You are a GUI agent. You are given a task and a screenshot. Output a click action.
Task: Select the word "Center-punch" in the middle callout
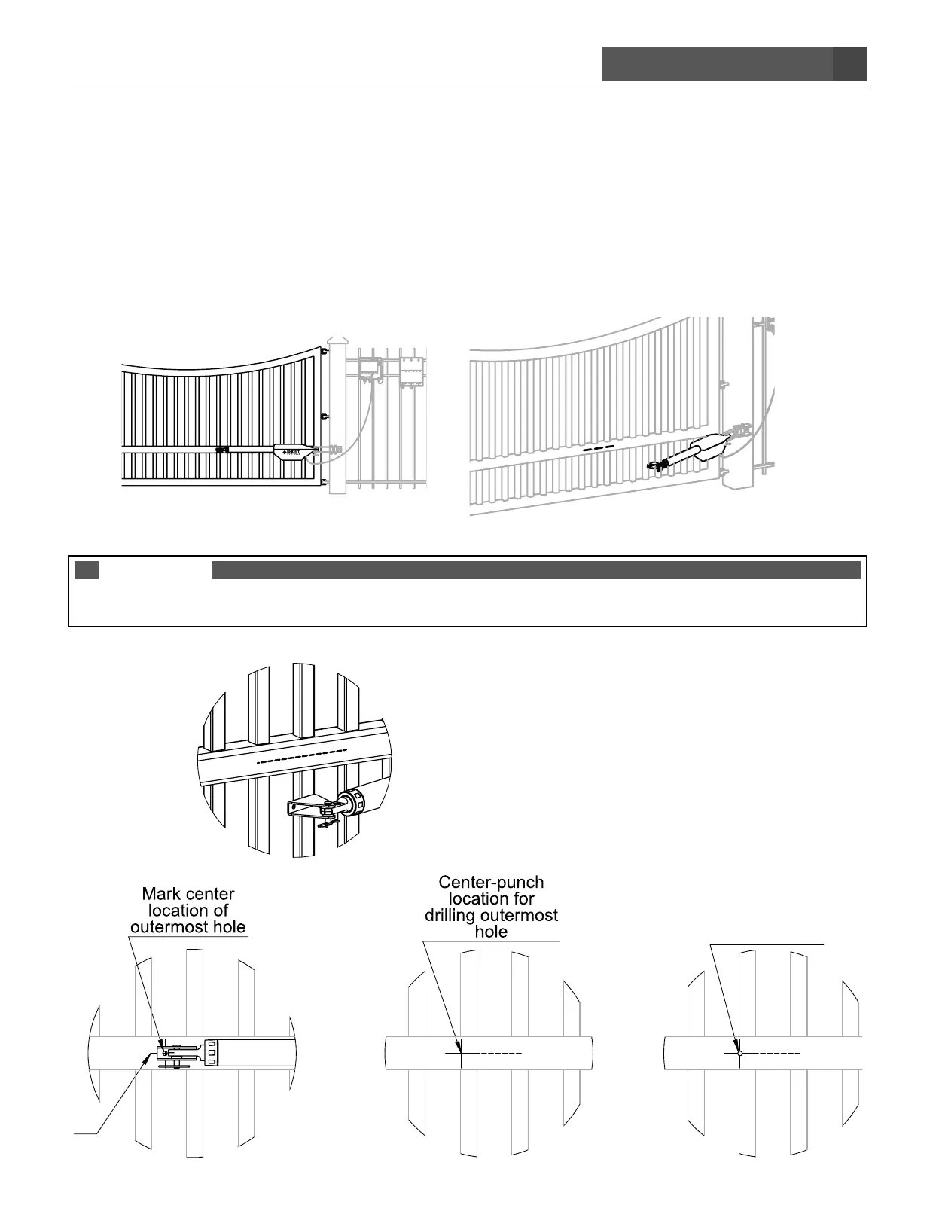click(491, 882)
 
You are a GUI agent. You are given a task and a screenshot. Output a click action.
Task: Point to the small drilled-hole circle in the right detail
click(740, 1053)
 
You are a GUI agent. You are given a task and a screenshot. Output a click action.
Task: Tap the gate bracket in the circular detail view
click(308, 808)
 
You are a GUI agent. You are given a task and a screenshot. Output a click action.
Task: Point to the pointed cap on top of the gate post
click(337, 342)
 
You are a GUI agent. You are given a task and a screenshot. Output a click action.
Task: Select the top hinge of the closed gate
click(325, 351)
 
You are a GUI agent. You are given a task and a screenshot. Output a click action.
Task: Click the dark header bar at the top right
click(734, 64)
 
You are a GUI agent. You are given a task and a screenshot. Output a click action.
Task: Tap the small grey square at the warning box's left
click(87, 570)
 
